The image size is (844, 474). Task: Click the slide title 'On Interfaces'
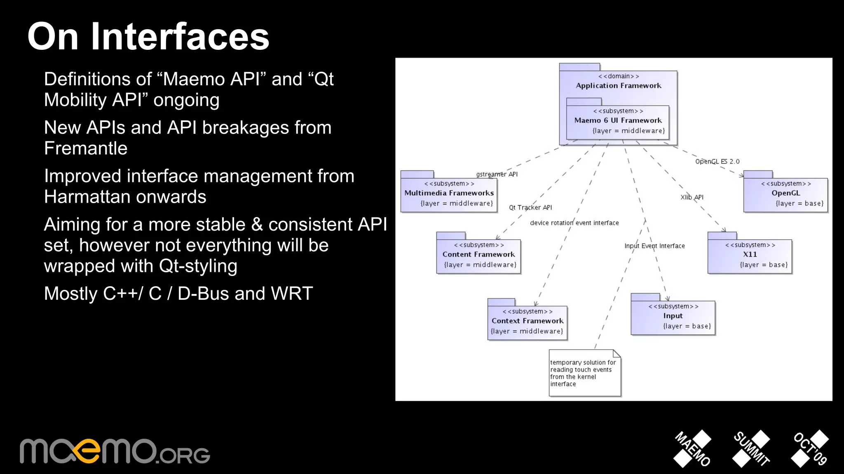pos(148,37)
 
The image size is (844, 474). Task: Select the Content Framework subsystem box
pos(478,256)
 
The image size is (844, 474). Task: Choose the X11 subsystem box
pos(750,256)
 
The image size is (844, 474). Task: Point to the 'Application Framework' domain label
pos(618,86)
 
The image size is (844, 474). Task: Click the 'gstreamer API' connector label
pos(497,174)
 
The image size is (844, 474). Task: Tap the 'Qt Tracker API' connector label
pos(530,208)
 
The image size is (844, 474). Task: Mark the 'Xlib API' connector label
pos(692,197)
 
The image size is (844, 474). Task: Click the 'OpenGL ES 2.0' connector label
pos(717,161)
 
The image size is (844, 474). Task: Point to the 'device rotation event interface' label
pos(574,223)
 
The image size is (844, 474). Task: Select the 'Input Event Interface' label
pos(654,246)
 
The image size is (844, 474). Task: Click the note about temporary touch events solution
pos(584,374)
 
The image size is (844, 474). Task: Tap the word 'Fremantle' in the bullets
pos(86,148)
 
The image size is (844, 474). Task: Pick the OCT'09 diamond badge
pos(810,448)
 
